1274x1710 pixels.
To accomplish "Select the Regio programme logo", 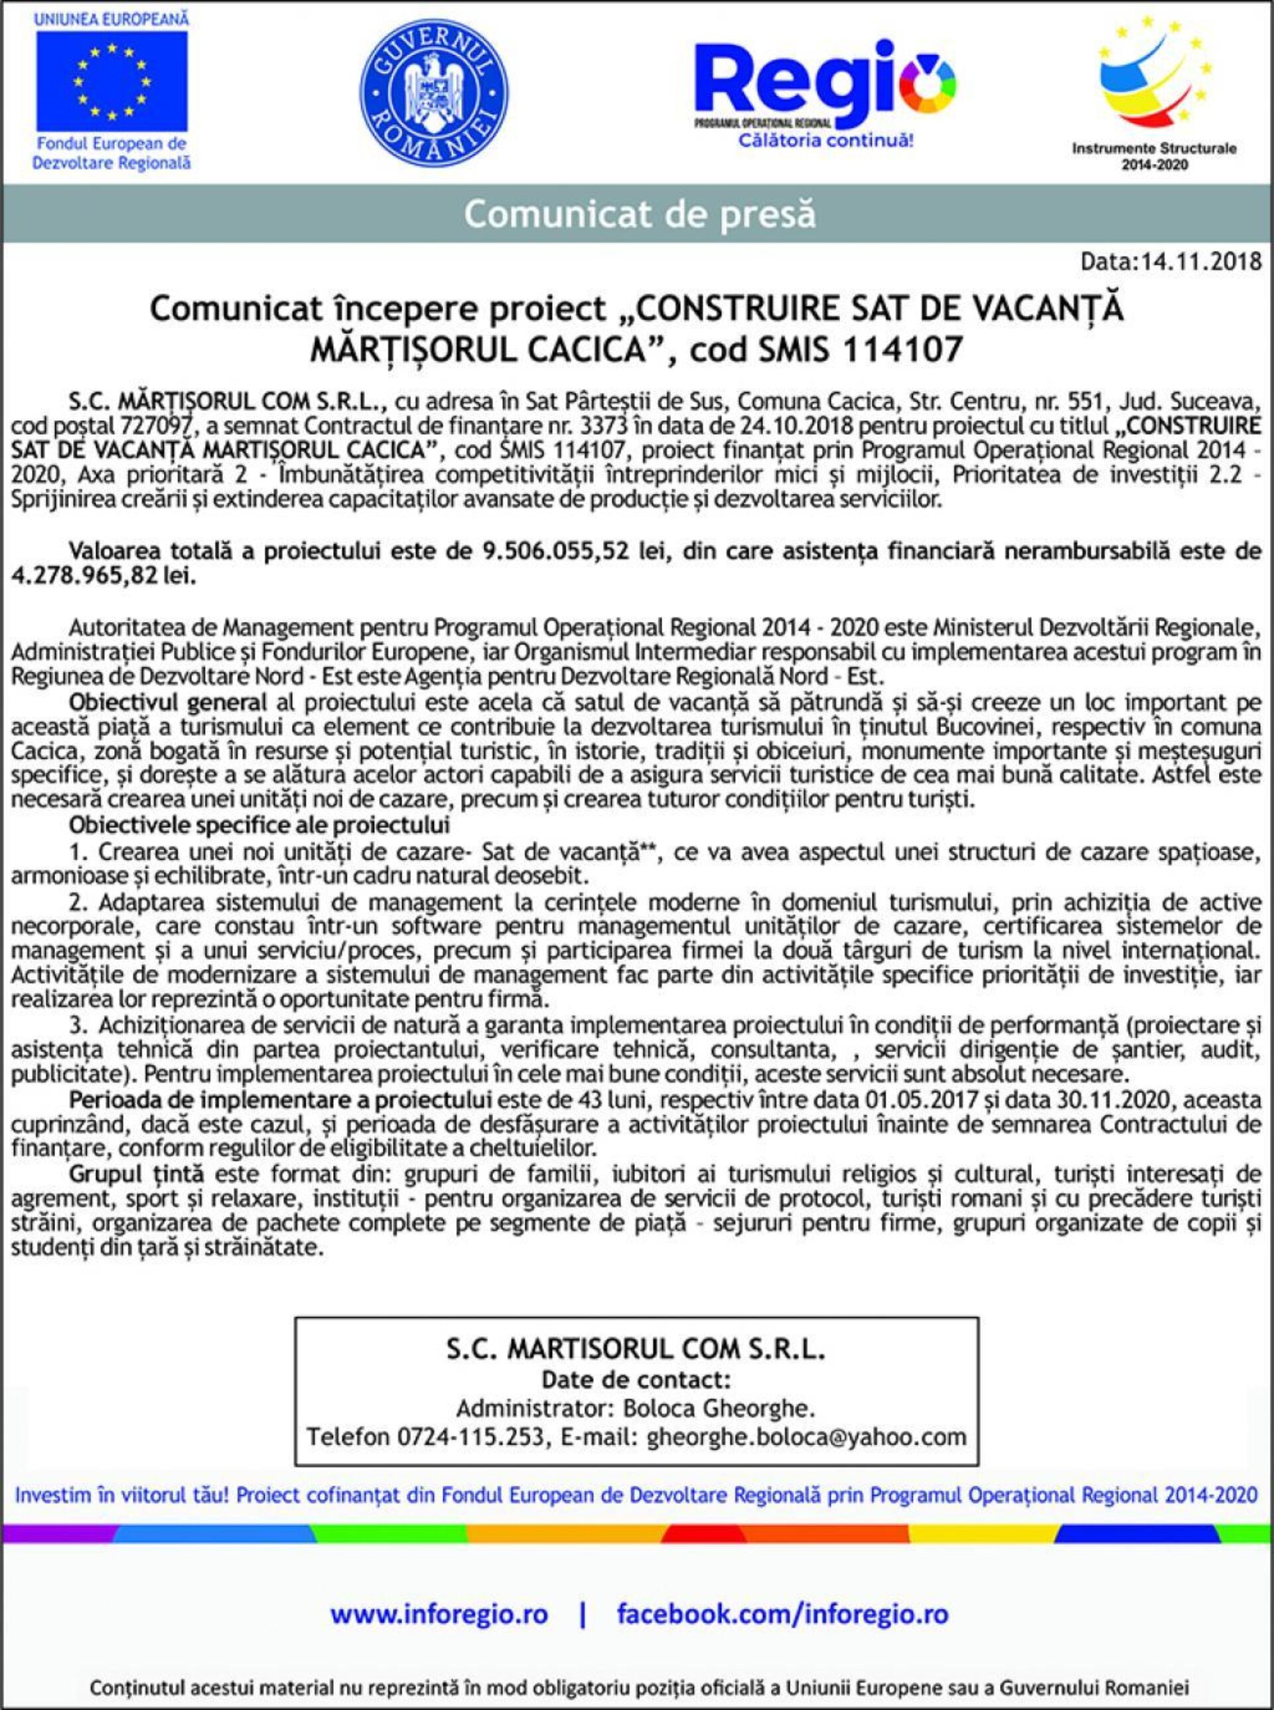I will click(x=824, y=89).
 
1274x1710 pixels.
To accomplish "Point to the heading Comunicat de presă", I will click(x=639, y=214).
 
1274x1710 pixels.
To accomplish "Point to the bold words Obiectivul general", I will click(x=168, y=703).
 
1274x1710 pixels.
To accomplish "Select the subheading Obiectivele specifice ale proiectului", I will click(x=259, y=825).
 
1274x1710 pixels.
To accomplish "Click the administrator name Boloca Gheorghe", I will click(x=718, y=1409).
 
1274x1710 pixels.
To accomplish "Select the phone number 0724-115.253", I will click(x=470, y=1437).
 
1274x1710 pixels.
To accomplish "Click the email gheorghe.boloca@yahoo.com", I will click(x=806, y=1437).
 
